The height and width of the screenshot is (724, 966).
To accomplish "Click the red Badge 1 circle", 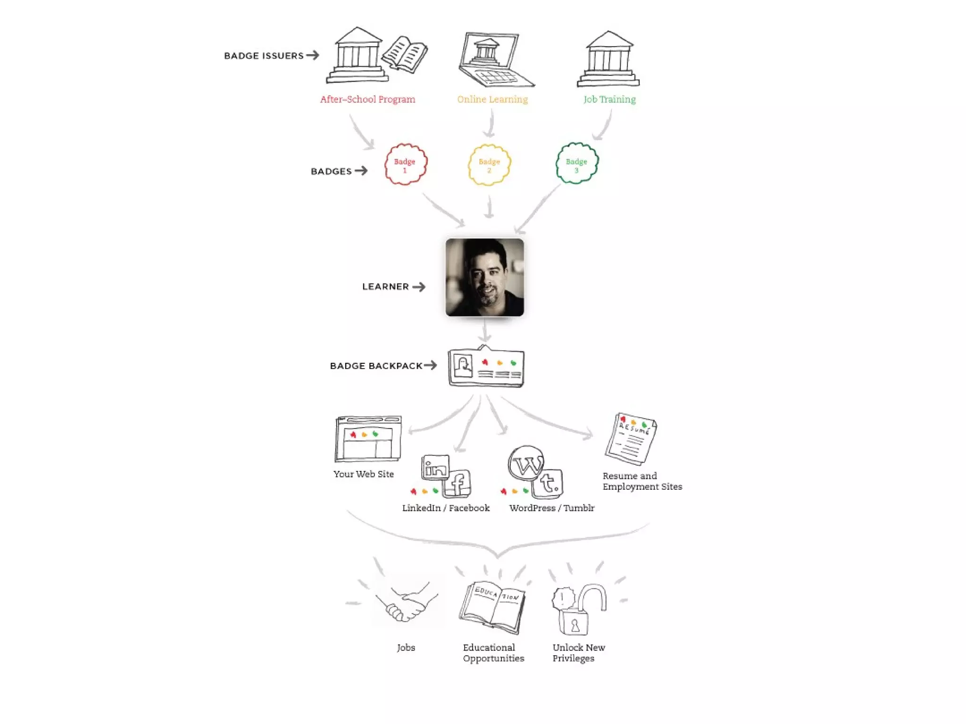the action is pyautogui.click(x=406, y=164).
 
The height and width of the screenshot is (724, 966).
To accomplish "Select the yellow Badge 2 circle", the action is pyautogui.click(x=489, y=165).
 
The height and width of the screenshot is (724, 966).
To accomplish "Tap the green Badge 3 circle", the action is pyautogui.click(x=576, y=163).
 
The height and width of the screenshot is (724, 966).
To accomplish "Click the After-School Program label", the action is pyautogui.click(x=367, y=99).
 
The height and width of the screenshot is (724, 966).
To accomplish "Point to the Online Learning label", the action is pyautogui.click(x=492, y=99).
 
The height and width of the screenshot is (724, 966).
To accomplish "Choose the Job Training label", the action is pyautogui.click(x=609, y=99).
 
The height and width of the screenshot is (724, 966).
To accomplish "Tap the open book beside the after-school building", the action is pyautogui.click(x=405, y=54).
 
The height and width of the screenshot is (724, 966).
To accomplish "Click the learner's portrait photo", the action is pyautogui.click(x=484, y=277).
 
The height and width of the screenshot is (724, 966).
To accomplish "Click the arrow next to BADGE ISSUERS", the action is pyautogui.click(x=312, y=55).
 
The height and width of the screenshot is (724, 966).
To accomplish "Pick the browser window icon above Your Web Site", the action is pyautogui.click(x=368, y=439).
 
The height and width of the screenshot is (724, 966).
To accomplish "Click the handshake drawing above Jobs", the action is pyautogui.click(x=406, y=603).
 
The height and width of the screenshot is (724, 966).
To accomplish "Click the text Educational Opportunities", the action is pyautogui.click(x=493, y=653).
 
